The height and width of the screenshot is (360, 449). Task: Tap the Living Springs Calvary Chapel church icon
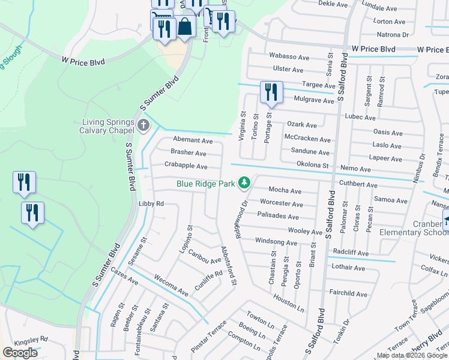tap(143, 125)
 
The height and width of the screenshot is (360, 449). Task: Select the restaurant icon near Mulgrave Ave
tap(271, 92)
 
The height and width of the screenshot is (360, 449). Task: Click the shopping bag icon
tap(185, 27)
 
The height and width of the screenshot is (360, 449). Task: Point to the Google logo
tap(20, 353)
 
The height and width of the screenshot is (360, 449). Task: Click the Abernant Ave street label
tap(192, 140)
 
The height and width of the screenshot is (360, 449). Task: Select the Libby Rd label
tap(151, 204)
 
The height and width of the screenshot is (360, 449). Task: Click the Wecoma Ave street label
tap(171, 286)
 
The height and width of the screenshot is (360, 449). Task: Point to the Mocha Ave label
tap(285, 190)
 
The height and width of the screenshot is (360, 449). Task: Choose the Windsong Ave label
tap(276, 243)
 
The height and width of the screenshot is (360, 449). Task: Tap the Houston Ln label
tap(289, 302)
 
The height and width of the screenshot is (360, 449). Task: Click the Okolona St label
tap(313, 164)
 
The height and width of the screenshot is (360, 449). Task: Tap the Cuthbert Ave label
tap(358, 185)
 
